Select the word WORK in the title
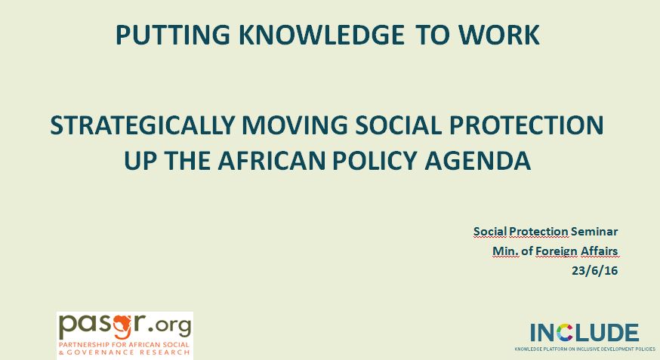(499, 35)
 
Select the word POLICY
(375, 161)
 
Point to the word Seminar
(594, 232)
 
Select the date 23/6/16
(595, 271)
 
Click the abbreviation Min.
(505, 251)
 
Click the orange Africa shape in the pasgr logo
(124, 325)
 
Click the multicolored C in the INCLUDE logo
(565, 333)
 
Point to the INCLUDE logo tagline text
(585, 349)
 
